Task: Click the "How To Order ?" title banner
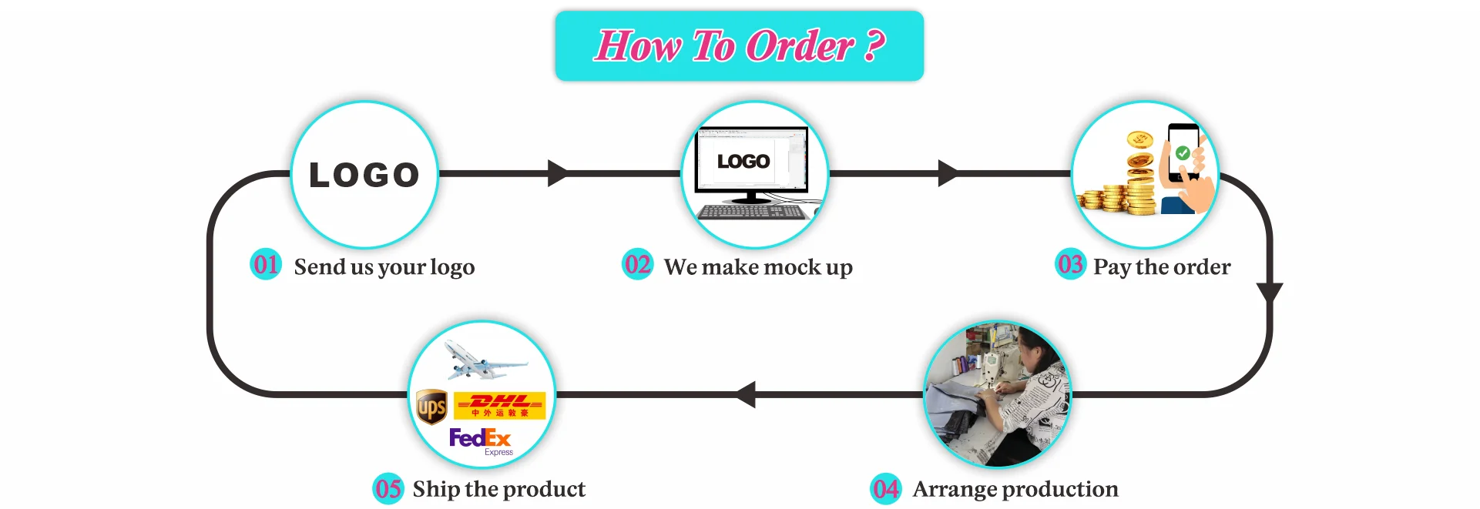click(739, 45)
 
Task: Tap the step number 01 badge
click(266, 265)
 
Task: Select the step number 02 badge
click(637, 265)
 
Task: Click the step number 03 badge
click(1070, 265)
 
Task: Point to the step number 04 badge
click(885, 489)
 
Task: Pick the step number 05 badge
click(388, 489)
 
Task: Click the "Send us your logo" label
click(384, 267)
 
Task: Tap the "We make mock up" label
click(758, 267)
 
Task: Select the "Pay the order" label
click(1162, 267)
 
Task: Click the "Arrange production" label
click(1015, 489)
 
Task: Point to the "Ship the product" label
click(498, 489)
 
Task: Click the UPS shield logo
click(431, 407)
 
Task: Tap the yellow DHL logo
click(499, 405)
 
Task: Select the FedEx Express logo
click(480, 440)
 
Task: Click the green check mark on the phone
click(1183, 152)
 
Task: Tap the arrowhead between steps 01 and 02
click(557, 173)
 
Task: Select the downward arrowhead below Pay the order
click(1269, 292)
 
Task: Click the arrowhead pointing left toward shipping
click(747, 394)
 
